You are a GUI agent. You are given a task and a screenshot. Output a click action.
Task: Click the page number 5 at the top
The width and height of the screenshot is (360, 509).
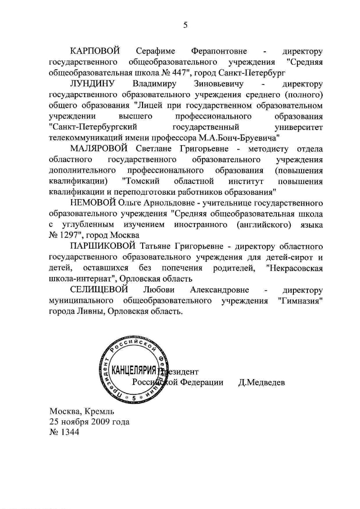[x=185, y=25]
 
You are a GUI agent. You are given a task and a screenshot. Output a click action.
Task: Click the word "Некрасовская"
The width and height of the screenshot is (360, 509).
[x=295, y=268]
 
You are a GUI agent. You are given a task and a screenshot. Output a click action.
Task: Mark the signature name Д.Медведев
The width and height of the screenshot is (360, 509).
[x=261, y=382]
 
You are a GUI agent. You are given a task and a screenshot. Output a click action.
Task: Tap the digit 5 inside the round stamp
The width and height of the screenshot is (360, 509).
[x=134, y=397]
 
